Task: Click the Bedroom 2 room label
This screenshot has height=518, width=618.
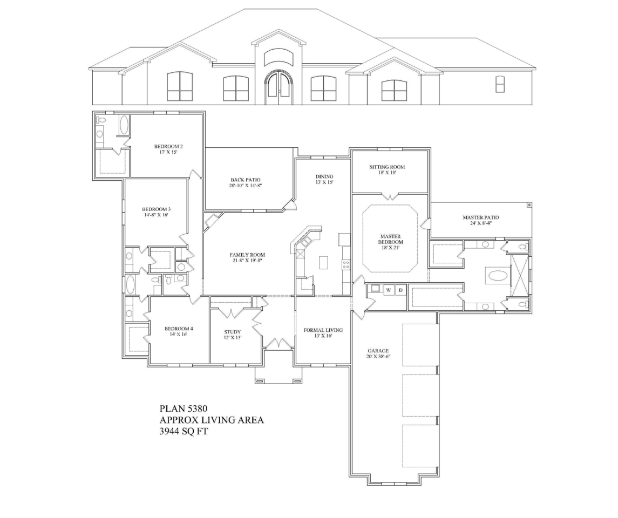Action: [168, 146]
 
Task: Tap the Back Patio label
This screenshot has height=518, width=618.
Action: [246, 180]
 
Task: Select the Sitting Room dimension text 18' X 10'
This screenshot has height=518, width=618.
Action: [386, 173]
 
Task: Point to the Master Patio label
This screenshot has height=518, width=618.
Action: [480, 217]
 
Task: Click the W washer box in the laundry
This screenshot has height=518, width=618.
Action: [388, 290]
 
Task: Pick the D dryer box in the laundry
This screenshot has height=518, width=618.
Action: [400, 290]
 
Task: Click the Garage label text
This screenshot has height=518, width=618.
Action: [378, 350]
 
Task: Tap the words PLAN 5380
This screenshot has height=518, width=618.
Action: [184, 408]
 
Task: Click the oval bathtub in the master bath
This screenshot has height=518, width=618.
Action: [498, 276]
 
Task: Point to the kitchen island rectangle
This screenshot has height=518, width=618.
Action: [323, 262]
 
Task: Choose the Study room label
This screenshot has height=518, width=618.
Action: [233, 332]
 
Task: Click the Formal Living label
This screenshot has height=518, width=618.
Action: [323, 330]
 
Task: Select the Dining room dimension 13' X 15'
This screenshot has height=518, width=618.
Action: [324, 182]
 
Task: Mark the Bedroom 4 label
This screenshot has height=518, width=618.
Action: [179, 329]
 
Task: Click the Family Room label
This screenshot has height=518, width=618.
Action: [247, 255]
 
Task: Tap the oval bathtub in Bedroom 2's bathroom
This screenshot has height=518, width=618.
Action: [124, 125]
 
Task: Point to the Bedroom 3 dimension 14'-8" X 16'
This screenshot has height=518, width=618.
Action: [156, 215]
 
